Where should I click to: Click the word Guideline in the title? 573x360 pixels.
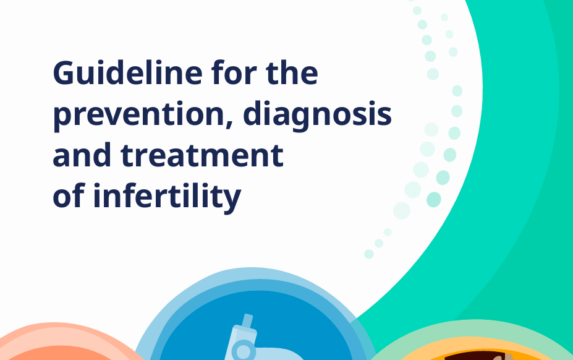pyautogui.click(x=127, y=73)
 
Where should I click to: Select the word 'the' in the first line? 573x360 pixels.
pyautogui.click(x=292, y=72)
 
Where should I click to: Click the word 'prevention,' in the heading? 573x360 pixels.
pyautogui.click(x=143, y=115)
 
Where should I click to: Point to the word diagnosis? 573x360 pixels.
pyautogui.click(x=317, y=114)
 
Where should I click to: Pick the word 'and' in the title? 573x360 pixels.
pyautogui.click(x=82, y=154)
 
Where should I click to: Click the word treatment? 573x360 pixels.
pyautogui.click(x=202, y=155)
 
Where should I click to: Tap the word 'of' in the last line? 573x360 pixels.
pyautogui.click(x=69, y=195)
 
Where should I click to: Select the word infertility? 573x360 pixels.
pyautogui.click(x=167, y=197)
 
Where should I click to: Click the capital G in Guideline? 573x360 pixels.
pyautogui.click(x=65, y=73)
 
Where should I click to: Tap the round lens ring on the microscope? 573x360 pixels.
pyautogui.click(x=244, y=351)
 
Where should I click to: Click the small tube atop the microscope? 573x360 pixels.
pyautogui.click(x=247, y=321)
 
